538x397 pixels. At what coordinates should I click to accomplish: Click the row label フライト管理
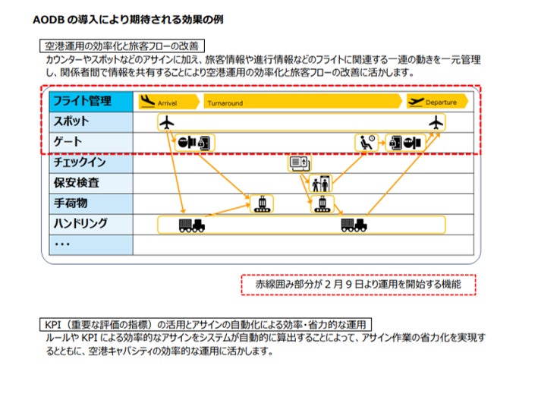81,101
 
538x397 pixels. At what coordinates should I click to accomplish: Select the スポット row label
71,121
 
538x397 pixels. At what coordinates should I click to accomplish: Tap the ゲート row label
68,142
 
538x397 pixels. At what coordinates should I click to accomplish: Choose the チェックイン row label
80,162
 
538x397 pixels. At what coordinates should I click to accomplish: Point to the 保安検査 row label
77,183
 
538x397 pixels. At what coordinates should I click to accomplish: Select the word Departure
441,102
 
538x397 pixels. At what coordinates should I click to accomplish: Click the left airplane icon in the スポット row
168,122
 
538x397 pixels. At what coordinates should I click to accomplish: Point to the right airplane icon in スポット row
436,122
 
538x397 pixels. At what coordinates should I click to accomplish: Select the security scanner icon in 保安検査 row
319,183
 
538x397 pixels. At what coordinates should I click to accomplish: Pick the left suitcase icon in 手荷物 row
262,203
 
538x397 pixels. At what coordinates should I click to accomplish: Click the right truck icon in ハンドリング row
354,225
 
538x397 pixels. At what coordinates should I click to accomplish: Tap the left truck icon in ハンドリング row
191,225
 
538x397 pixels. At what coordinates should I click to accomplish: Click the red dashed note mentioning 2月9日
358,284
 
